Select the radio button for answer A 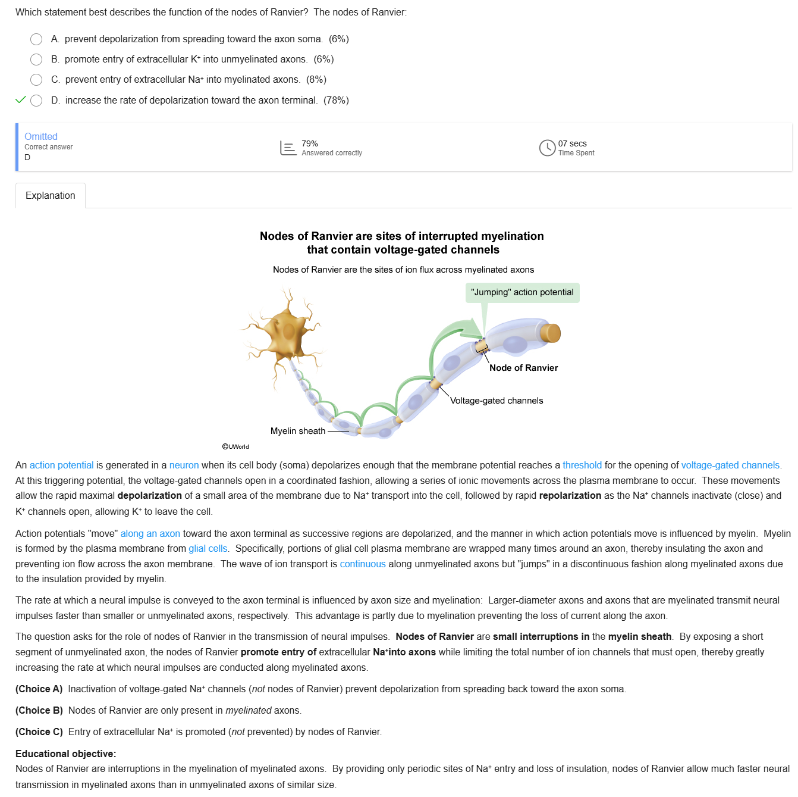[x=36, y=39]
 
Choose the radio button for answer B [x=36, y=60]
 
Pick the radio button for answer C [x=36, y=80]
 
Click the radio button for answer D [x=36, y=101]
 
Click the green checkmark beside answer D [x=21, y=100]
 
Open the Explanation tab [x=51, y=196]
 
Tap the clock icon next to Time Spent [x=547, y=148]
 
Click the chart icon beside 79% [x=288, y=148]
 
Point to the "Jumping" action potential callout [x=522, y=292]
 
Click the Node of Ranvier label [x=523, y=368]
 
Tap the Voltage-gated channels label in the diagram [x=497, y=401]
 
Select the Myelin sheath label [x=298, y=431]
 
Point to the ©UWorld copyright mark [x=235, y=446]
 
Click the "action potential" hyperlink [x=62, y=465]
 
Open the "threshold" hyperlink [x=582, y=465]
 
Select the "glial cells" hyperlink [x=208, y=549]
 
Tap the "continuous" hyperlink [x=363, y=564]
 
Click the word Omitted [x=41, y=137]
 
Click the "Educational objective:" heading [x=65, y=754]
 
